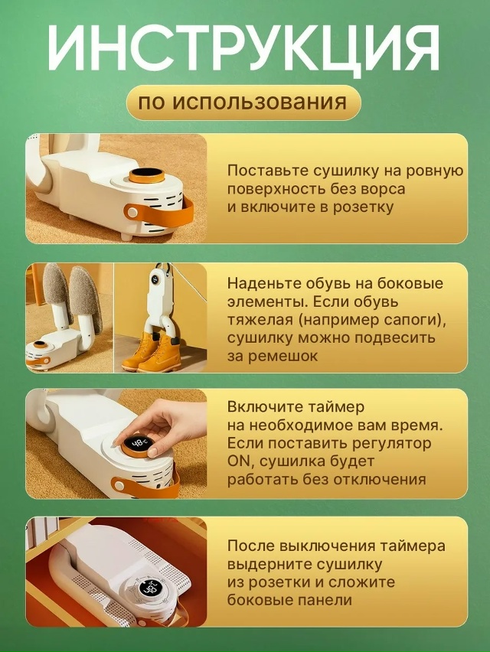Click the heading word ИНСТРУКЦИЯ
coord(244,49)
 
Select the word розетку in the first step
coord(362,207)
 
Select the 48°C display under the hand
coord(138,445)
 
